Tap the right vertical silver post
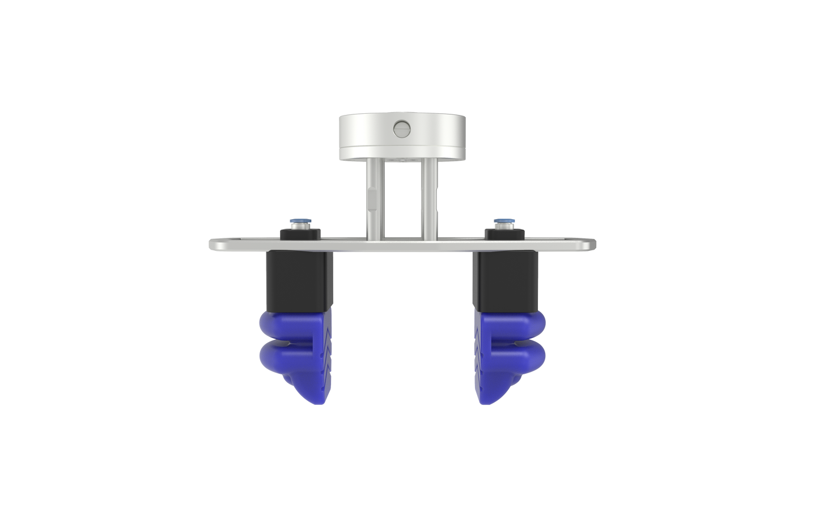(x=429, y=198)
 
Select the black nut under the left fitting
(x=300, y=232)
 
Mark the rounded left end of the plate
(x=214, y=245)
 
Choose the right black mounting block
(x=506, y=281)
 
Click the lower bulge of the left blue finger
(x=278, y=358)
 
